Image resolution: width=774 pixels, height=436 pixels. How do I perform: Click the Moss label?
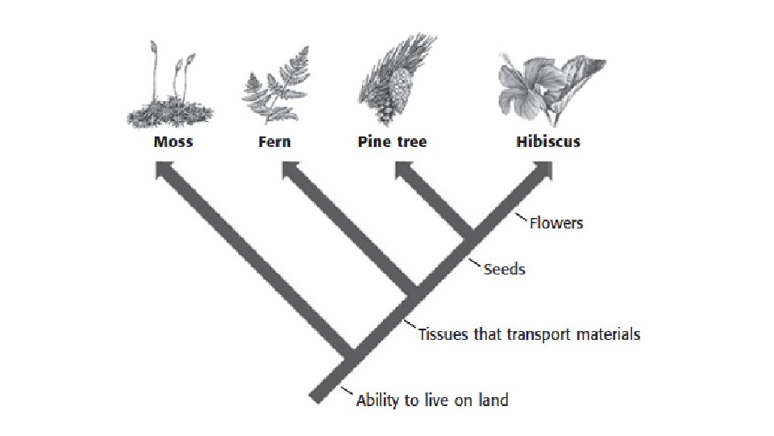pyautogui.click(x=173, y=142)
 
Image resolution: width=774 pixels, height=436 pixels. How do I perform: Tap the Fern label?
pyautogui.click(x=275, y=142)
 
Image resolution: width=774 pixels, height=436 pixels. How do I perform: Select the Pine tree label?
pyautogui.click(x=392, y=142)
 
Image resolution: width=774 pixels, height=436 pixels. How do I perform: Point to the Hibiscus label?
pyautogui.click(x=547, y=142)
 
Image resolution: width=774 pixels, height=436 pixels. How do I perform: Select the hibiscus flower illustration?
pyautogui.click(x=524, y=85)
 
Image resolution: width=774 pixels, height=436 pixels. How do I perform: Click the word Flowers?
pyautogui.click(x=556, y=222)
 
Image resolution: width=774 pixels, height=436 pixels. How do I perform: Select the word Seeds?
pyautogui.click(x=504, y=269)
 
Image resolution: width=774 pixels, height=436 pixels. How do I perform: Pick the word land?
pyautogui.click(x=493, y=399)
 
